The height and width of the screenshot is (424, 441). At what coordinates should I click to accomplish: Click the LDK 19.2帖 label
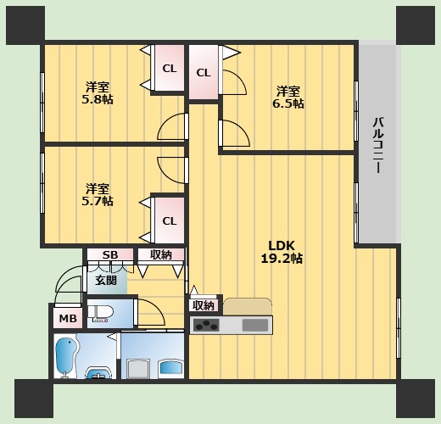coord(282,252)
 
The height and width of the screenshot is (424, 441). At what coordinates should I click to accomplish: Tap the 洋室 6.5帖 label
coord(288,98)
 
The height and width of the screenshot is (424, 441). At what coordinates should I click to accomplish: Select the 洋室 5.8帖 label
coord(98,93)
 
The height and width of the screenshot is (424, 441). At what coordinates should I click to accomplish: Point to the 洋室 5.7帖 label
coord(98,195)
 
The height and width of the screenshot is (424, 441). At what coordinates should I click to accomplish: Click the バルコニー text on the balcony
coord(378,145)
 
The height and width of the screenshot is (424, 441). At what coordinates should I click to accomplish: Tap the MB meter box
coord(68,318)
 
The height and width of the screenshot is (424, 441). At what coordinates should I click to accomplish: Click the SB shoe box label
coord(110,255)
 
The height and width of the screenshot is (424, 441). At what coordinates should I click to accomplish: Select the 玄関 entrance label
coord(106,281)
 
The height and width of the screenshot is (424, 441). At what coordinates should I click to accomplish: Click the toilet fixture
coord(101,313)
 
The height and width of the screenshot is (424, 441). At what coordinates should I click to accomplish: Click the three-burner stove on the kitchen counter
coord(206,326)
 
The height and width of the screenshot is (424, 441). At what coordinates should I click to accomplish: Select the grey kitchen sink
coord(255,326)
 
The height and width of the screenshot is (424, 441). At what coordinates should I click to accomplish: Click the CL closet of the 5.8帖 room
coord(170,68)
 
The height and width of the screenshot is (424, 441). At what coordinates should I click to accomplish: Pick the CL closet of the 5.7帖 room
coord(170,220)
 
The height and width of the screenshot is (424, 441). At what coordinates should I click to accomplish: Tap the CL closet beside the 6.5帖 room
coord(204,72)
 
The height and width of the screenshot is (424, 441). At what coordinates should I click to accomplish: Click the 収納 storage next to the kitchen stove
coord(204,305)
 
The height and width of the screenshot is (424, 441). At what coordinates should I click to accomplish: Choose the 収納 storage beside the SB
coord(161,255)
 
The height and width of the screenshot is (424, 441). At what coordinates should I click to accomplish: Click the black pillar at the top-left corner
coord(25,25)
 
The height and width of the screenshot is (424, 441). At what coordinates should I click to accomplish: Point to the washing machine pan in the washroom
coord(138,368)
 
